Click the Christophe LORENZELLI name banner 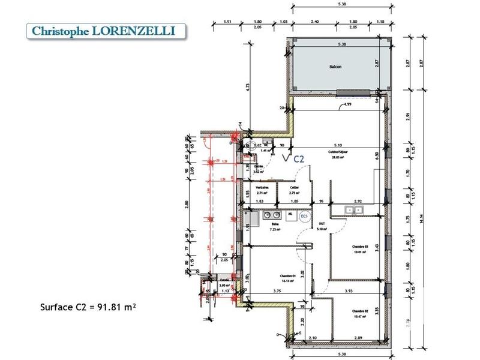pos(103,31)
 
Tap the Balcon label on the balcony pos(335,67)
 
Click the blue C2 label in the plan pos(298,158)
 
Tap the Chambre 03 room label pos(360,247)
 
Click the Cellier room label pos(294,188)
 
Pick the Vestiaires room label pos(262,188)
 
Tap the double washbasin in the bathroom pos(274,214)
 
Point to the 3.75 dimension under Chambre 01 pos(278,292)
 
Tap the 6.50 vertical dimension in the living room pos(377,154)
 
